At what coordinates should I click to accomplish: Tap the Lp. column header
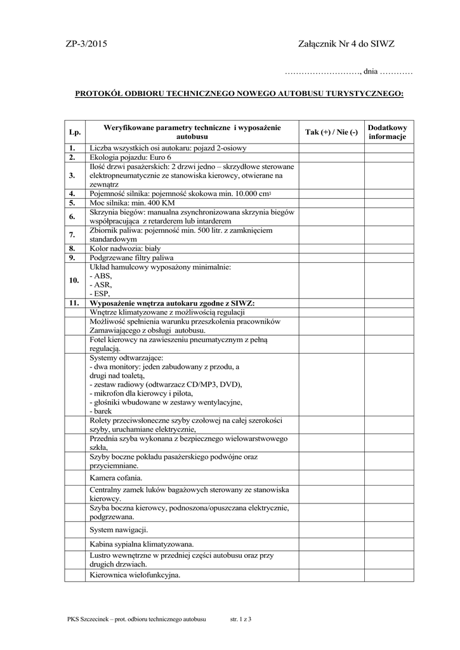click(75, 132)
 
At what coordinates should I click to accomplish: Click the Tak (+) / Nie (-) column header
click(331, 132)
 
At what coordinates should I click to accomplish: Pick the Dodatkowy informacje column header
click(387, 132)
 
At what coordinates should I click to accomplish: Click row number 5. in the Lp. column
click(73, 202)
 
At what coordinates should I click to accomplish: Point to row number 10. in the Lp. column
click(74, 280)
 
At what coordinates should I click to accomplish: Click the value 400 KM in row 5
click(162, 202)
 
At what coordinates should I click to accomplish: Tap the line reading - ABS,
click(101, 276)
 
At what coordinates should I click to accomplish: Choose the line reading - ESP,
click(100, 294)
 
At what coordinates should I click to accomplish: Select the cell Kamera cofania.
click(116, 477)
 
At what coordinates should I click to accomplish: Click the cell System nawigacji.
click(119, 529)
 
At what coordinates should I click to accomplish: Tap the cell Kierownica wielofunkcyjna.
click(135, 575)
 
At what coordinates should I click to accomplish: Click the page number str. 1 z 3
click(241, 620)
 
